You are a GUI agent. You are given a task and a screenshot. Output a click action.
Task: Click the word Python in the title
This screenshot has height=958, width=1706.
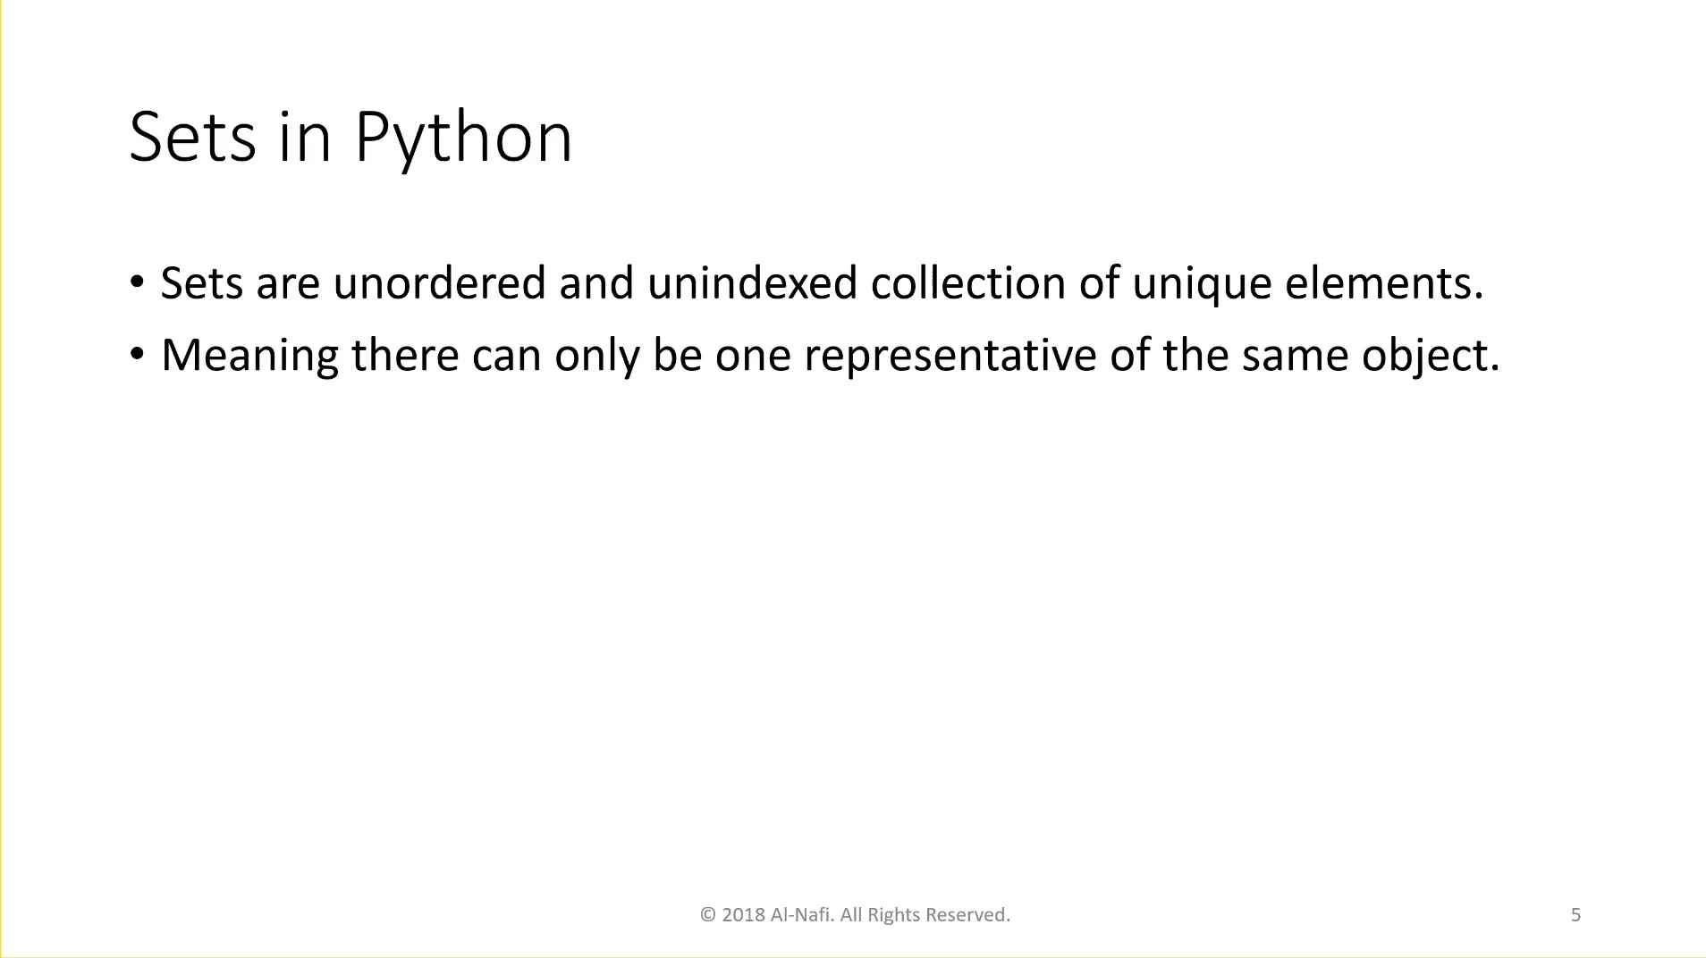click(x=463, y=139)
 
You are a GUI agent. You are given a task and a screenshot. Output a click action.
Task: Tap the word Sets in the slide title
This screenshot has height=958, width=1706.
click(x=192, y=139)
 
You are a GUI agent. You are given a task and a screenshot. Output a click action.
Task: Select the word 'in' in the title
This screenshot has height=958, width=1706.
click(x=305, y=139)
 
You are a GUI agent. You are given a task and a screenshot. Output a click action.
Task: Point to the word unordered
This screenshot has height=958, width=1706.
click(x=439, y=283)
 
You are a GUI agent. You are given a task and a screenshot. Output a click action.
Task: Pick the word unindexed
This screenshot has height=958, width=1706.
click(x=752, y=283)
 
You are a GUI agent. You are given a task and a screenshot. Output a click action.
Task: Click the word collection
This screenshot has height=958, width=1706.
click(x=967, y=283)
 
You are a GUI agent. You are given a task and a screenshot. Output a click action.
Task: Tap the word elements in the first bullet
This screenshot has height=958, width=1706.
click(x=1383, y=283)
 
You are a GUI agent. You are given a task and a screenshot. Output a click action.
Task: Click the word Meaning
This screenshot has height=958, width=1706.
click(x=249, y=356)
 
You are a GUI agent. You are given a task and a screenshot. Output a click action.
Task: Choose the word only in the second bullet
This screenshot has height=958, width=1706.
click(x=596, y=356)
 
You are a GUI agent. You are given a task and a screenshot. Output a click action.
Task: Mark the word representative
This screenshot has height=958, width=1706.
click(x=950, y=356)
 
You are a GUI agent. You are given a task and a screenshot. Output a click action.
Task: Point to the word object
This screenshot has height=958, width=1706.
click(x=1430, y=356)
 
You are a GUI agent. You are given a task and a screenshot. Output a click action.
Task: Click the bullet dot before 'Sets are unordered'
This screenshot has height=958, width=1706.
click(x=137, y=282)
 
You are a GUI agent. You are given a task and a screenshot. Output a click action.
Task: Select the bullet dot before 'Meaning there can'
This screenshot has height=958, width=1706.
click(x=137, y=355)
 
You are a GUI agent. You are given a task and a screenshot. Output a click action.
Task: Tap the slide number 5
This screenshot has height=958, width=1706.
click(x=1575, y=915)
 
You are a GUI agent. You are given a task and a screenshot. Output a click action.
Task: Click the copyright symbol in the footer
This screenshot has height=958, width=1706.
click(x=708, y=915)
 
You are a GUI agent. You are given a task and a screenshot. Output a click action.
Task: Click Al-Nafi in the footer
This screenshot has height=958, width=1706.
click(x=800, y=915)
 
